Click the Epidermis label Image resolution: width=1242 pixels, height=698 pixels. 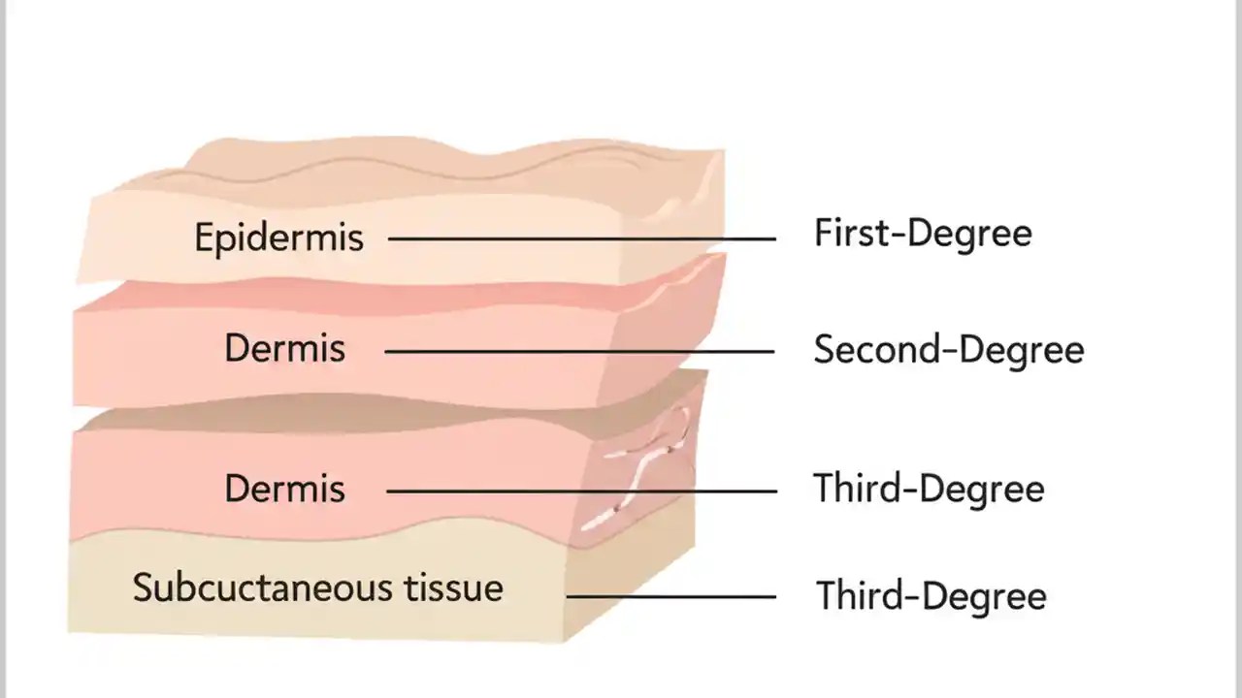point(278,238)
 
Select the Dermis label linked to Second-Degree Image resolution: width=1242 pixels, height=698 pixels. point(284,349)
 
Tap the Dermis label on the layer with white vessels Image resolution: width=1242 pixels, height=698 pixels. point(284,489)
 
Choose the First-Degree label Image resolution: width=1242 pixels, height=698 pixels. point(922,234)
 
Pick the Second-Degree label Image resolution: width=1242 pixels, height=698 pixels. point(948,350)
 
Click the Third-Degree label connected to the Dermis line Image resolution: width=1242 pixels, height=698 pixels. point(929,489)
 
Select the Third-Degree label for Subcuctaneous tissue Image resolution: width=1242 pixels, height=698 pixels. point(931,595)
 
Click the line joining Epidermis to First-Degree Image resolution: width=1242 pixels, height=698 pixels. point(582,238)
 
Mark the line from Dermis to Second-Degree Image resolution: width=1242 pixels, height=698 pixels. point(579,351)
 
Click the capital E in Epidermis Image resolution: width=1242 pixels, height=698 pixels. point(203,238)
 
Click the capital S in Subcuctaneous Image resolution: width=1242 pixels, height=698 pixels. point(142,587)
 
